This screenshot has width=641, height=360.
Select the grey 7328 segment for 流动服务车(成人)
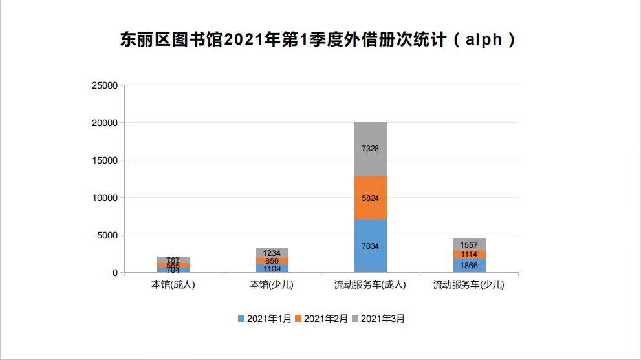pyautogui.click(x=371, y=149)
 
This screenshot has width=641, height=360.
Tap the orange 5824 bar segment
pyautogui.click(x=371, y=198)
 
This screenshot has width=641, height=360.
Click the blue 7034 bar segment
pyautogui.click(x=371, y=246)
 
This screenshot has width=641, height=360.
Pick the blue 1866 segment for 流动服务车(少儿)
pyautogui.click(x=470, y=265)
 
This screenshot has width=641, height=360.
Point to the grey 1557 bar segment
pyautogui.click(x=470, y=244)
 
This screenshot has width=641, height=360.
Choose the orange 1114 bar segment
pyautogui.click(x=470, y=255)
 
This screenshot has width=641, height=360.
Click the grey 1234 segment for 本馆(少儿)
pyautogui.click(x=272, y=253)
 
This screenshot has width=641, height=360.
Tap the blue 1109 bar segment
pyautogui.click(x=272, y=268)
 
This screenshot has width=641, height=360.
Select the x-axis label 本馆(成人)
pyautogui.click(x=173, y=284)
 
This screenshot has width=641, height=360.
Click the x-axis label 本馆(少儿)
pyautogui.click(x=272, y=284)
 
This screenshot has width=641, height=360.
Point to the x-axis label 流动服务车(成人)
pyautogui.click(x=371, y=284)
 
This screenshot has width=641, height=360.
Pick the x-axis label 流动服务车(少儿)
pyautogui.click(x=470, y=284)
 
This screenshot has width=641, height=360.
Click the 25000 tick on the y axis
pyautogui.click(x=105, y=85)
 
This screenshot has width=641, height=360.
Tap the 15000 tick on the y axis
pyautogui.click(x=105, y=160)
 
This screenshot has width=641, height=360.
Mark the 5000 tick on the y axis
pyautogui.click(x=107, y=235)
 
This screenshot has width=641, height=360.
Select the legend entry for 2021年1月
pyautogui.click(x=265, y=319)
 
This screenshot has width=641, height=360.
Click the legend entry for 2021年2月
pyautogui.click(x=321, y=319)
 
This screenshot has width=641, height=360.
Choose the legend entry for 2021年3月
pyautogui.click(x=378, y=319)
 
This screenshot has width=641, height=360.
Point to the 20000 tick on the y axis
pyautogui.click(x=105, y=123)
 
